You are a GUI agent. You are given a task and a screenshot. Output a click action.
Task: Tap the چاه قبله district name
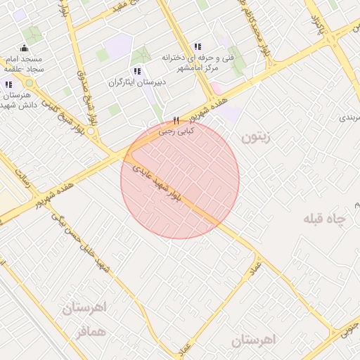[x=325, y=219]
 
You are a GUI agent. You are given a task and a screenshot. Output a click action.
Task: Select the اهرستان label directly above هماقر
[x=83, y=308]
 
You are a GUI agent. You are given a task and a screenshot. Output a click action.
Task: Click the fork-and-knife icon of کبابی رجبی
[x=176, y=120]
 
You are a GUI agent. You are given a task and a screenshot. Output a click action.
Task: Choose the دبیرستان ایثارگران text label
[x=136, y=82]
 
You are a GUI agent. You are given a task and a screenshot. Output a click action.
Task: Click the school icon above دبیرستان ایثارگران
[x=137, y=71]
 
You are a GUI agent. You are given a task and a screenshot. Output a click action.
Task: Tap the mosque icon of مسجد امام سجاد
[x=25, y=49]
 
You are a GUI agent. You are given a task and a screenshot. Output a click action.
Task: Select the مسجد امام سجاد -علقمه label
[x=24, y=64]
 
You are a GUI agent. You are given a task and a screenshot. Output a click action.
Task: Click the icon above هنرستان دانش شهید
[x=8, y=84]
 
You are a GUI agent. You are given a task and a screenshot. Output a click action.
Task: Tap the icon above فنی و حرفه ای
[x=198, y=46]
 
